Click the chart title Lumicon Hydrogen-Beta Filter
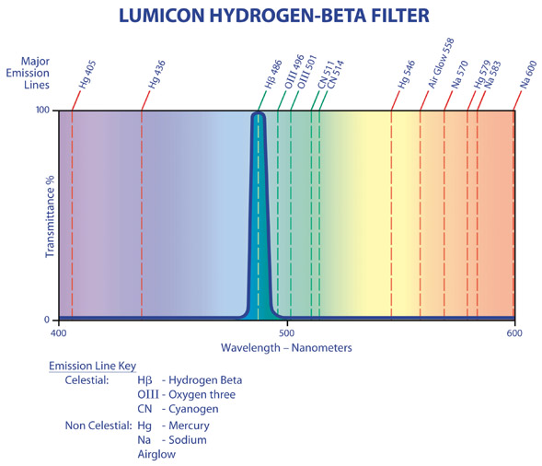pos(274,16)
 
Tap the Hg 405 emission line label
pos(87,75)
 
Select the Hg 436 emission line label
pos(157,75)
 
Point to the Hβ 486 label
pos(273,75)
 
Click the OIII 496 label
pos(294,72)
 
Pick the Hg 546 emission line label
pos(406,75)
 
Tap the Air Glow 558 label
pos(441,64)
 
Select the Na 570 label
pos(460,75)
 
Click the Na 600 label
pos(528,75)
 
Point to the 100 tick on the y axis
pos(42,111)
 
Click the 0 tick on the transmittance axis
pos(47,320)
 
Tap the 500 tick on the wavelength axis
pos(286,333)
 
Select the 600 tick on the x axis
pos(514,333)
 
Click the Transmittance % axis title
pos(50,217)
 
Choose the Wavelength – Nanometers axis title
pos(286,348)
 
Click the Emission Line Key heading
pos(92,366)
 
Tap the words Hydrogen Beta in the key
pos(205,380)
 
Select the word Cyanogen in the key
pos(193,409)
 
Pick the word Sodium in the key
pos(188,440)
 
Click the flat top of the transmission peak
pos(259,113)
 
